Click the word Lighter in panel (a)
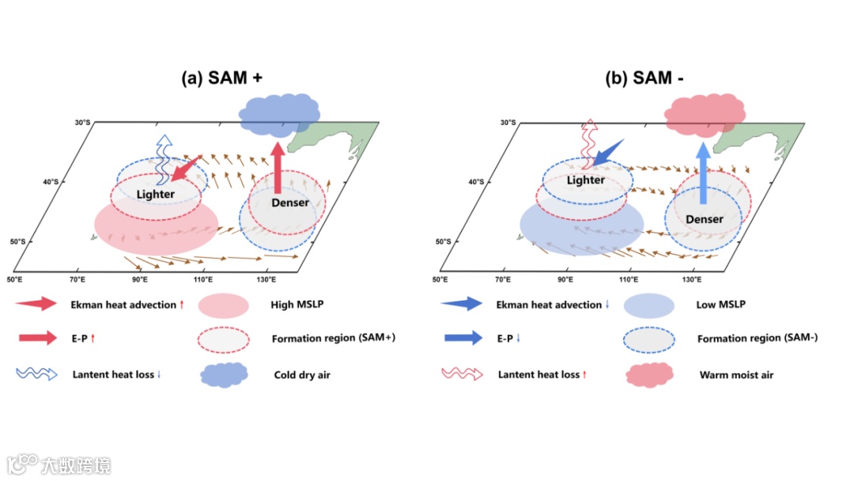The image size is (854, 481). pos(156,194)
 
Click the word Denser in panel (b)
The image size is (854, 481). pos(704,218)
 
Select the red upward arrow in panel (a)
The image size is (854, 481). pos(277,167)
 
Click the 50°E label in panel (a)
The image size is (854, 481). pos(14,280)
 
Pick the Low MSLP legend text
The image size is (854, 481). pos(720,305)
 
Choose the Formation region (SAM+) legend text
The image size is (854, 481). pos(333,339)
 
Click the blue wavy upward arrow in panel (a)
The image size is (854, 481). pos(164,159)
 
